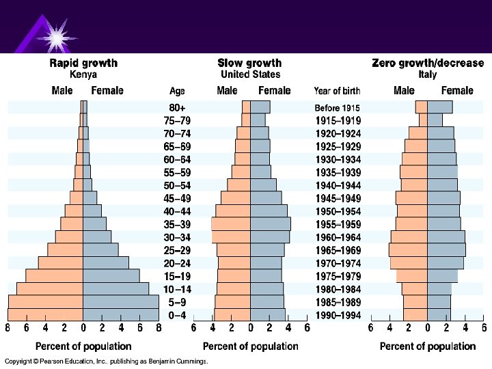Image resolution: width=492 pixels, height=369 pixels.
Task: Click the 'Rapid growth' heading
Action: (83, 63)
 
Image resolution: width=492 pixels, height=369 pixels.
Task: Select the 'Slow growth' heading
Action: (250, 63)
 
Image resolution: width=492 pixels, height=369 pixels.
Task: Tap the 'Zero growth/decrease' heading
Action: (427, 63)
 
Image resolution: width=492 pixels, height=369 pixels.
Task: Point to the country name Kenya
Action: (83, 74)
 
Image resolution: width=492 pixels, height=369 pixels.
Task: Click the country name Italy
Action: (428, 74)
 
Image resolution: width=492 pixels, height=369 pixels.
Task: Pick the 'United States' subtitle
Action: (250, 74)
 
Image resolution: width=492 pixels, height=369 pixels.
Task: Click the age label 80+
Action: (177, 107)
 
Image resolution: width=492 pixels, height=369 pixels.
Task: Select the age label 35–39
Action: (177, 224)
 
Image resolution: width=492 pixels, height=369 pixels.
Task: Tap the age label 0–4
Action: (177, 315)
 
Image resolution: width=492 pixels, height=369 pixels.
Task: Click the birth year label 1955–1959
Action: (338, 224)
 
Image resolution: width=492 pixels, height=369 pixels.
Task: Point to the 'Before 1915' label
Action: (338, 107)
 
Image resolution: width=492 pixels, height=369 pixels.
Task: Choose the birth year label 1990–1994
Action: (338, 315)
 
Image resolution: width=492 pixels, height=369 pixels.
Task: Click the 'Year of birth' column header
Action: (338, 91)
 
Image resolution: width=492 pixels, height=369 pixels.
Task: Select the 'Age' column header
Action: (177, 91)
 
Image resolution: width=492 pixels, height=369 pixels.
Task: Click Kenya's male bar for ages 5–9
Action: (45, 302)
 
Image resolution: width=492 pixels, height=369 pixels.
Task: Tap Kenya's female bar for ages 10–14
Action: (115, 289)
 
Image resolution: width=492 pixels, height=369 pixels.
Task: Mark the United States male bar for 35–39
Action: (231, 224)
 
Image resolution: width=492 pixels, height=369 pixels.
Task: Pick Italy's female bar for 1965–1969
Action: (446, 250)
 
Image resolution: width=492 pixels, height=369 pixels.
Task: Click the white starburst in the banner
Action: (53, 32)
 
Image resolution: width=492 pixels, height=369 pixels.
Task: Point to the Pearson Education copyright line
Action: (106, 361)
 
